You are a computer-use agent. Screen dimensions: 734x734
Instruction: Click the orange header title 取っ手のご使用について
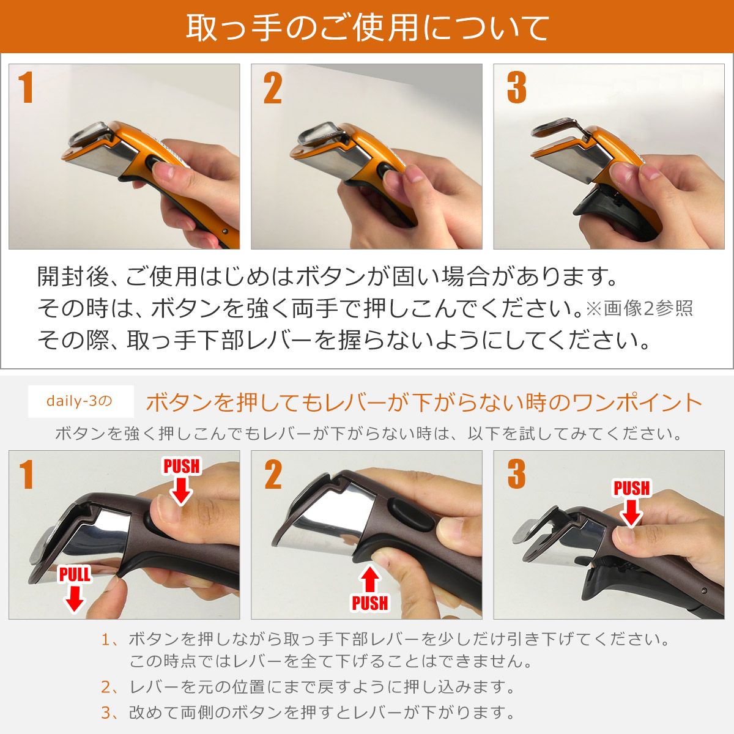(367, 28)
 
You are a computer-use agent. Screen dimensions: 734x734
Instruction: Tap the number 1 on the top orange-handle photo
(25, 88)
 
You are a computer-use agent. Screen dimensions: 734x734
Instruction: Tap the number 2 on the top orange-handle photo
(272, 88)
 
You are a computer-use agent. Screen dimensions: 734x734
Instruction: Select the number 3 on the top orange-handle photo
(516, 88)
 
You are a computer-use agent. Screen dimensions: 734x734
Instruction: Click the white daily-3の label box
(80, 401)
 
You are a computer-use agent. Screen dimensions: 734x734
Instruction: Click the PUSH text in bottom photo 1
(181, 466)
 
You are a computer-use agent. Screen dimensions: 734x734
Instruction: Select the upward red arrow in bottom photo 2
(369, 579)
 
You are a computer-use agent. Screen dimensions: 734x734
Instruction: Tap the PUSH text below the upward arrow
(369, 603)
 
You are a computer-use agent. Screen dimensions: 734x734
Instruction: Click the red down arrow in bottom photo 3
(631, 514)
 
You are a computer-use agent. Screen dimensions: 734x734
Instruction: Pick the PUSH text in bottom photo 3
(631, 489)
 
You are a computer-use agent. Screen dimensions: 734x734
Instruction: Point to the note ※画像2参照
(639, 308)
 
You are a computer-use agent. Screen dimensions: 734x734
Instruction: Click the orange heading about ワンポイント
(424, 402)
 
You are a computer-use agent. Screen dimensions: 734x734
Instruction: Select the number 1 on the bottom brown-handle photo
(25, 475)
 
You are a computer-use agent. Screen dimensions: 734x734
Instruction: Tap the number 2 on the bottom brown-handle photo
(272, 475)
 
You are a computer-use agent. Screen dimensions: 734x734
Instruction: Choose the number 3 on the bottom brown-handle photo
(516, 475)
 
